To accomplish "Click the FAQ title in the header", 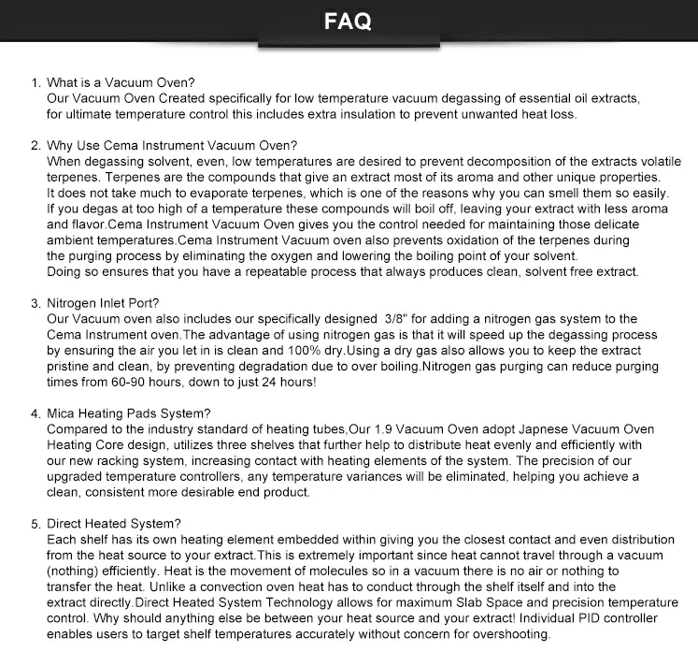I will [x=349, y=21].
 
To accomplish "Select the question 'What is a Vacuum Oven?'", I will [x=120, y=82].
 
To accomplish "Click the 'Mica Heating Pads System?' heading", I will [x=129, y=413].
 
